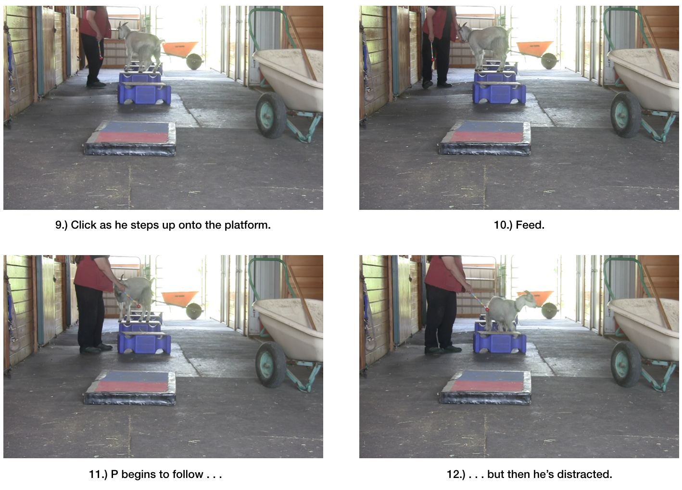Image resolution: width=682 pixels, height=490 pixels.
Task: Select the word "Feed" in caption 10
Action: pos(529,225)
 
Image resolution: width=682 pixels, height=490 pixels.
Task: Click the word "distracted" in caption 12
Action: pos(584,474)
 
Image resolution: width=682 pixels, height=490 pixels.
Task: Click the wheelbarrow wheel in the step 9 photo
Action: pos(270,115)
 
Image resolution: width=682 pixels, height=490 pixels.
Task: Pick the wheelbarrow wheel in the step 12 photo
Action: pos(626,364)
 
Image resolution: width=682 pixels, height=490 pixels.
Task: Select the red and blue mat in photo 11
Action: pos(130,387)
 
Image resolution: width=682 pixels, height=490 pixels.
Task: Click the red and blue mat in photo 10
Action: pos(485,138)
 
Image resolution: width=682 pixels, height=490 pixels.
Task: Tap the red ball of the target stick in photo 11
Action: pos(138,306)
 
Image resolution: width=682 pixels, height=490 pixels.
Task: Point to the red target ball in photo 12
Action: pos(487,309)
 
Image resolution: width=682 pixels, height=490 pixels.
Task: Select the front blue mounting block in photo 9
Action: pos(144,93)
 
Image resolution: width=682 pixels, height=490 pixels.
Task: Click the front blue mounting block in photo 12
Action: pos(499,343)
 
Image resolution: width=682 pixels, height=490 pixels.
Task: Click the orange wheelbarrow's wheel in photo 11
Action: pos(194,311)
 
